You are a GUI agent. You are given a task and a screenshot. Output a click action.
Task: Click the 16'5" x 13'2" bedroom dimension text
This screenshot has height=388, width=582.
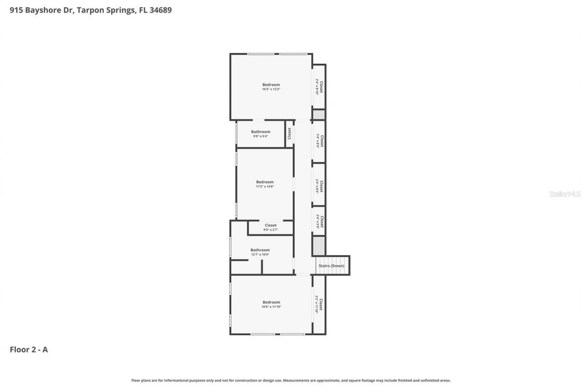pos(271,90)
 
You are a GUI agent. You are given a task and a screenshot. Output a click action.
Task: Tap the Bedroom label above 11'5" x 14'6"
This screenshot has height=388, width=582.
pos(265,182)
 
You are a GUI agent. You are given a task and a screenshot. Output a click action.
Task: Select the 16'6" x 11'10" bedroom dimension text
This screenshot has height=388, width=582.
pos(271,307)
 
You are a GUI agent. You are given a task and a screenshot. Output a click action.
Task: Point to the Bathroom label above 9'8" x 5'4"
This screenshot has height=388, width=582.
pos(261,132)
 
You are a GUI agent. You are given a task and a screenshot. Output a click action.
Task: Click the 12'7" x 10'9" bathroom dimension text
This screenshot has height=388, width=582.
pos(260,255)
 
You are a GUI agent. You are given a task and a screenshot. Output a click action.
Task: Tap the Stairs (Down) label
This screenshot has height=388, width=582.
pos(331,266)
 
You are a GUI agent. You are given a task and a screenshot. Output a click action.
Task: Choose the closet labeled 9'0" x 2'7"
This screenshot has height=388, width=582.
pos(271,227)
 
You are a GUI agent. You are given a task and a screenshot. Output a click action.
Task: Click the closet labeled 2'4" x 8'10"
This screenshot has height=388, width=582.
pos(319,86)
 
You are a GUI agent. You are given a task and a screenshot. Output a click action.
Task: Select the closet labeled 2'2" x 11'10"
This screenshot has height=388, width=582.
pos(319,305)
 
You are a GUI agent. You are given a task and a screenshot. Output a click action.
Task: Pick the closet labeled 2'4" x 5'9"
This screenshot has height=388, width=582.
pos(319,222)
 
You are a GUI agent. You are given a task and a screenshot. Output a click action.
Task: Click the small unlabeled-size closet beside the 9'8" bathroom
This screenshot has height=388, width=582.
pos(289,134)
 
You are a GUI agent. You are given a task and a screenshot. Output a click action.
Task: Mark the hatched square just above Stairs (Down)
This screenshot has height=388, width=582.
pos(319,246)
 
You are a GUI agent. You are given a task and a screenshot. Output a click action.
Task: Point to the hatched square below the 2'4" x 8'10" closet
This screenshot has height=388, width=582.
pos(319,115)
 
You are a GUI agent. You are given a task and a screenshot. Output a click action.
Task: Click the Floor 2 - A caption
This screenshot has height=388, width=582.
pos(29,350)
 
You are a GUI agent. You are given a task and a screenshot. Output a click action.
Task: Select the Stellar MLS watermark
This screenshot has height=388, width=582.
pos(565,194)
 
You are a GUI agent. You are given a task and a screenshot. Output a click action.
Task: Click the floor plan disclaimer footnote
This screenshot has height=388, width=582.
pos(291,380)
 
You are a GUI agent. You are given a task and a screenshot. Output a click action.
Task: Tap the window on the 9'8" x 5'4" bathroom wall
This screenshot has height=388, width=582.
pos(236,134)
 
